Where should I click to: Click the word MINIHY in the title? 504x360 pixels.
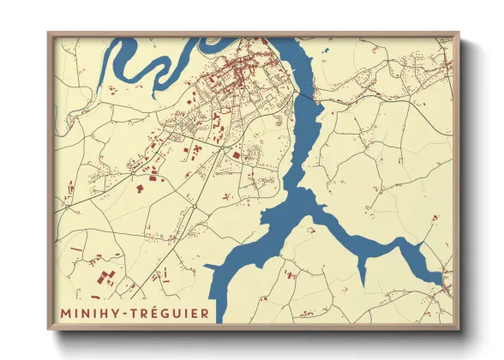tap(90, 315)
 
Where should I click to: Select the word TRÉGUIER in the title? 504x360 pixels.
tap(168, 315)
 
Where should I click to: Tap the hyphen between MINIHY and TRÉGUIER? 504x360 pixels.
tap(124, 315)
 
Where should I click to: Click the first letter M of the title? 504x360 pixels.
tap(64, 315)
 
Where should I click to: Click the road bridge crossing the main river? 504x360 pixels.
tap(302, 97)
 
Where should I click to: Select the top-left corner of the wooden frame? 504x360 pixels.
tap(49, 33)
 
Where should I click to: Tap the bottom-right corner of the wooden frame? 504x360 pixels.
tap(458, 330)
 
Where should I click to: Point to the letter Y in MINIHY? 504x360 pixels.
tap(114, 315)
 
